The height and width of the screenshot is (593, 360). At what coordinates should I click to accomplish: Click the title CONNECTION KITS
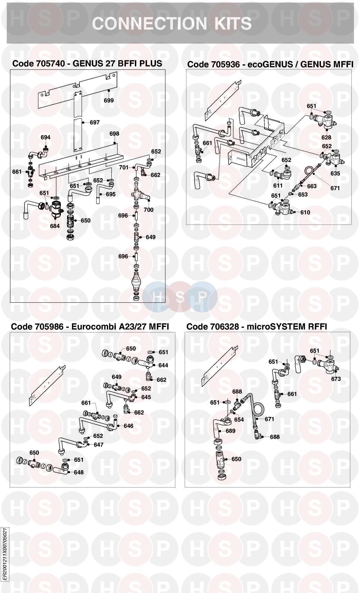tap(172, 23)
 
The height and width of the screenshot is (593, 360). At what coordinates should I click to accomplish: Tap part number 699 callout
tap(109, 100)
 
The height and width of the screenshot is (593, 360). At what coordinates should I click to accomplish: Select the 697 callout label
tap(94, 122)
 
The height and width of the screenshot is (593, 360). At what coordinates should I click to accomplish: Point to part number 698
tap(114, 134)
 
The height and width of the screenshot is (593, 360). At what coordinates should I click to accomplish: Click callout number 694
tap(46, 137)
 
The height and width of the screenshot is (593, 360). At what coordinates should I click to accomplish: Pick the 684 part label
tap(55, 226)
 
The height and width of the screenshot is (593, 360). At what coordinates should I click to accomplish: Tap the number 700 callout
tap(148, 210)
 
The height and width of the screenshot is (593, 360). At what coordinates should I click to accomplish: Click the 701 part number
tap(123, 167)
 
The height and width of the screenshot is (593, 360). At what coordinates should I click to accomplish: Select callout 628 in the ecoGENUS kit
tap(326, 137)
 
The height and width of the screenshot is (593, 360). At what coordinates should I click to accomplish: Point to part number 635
tap(335, 173)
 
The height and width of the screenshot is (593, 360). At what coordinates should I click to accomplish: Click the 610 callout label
tap(305, 212)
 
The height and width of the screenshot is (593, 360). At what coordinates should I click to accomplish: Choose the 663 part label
tap(312, 186)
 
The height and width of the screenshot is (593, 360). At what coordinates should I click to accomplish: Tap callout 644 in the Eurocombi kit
tap(163, 365)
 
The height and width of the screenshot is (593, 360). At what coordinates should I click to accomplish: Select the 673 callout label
tap(336, 379)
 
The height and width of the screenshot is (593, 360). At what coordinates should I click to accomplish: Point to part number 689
tap(231, 431)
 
